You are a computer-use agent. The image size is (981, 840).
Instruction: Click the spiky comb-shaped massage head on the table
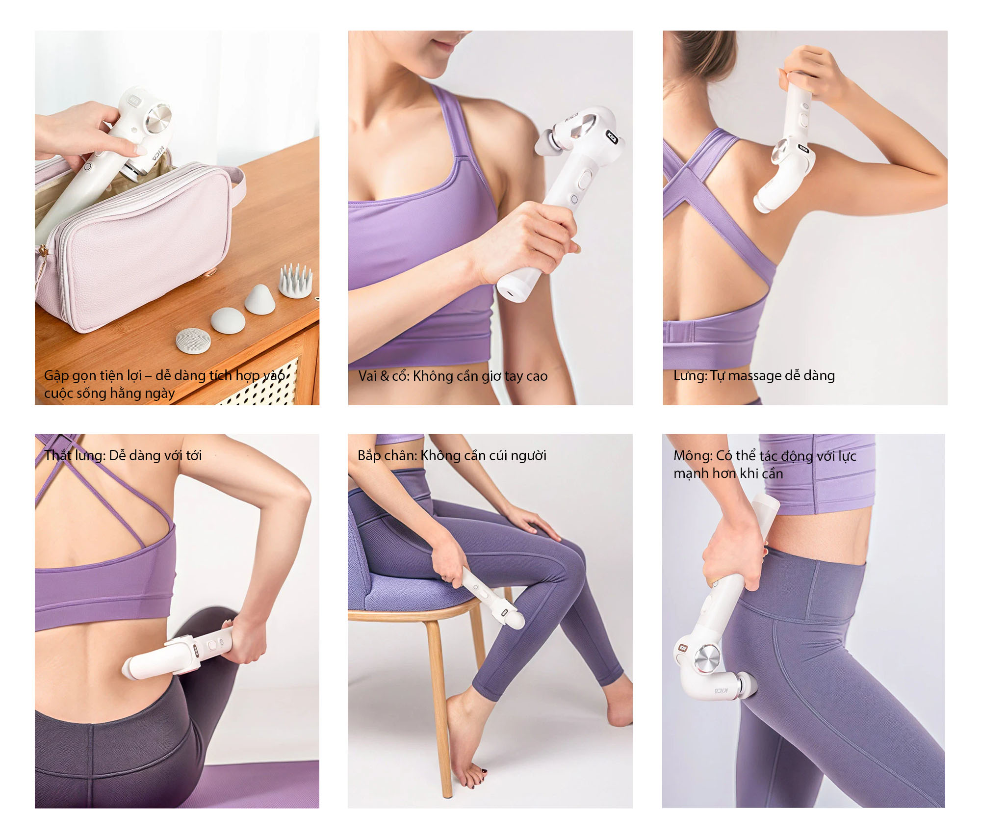[x=295, y=281]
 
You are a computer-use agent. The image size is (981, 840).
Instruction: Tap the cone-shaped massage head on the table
[x=259, y=299]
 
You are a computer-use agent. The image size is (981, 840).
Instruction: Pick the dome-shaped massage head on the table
[x=228, y=320]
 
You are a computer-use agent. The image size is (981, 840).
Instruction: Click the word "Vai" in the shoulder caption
[x=368, y=376]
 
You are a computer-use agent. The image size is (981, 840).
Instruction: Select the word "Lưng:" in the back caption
[x=691, y=376]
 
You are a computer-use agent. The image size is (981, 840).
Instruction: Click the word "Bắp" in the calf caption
[x=369, y=456]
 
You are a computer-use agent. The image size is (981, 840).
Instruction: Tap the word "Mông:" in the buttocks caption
[x=693, y=456]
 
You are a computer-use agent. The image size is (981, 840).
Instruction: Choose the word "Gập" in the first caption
[x=55, y=376]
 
